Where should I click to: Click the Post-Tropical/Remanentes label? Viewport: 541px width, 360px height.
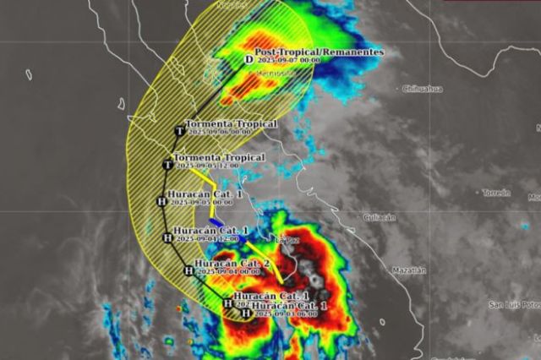(x=319, y=52)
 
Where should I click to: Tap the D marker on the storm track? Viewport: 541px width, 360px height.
(x=249, y=59)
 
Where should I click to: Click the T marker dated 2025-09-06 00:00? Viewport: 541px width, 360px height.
(x=179, y=131)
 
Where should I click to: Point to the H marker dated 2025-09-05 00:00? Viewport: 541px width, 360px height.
(x=161, y=201)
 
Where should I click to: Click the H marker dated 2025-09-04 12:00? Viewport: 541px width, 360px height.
(x=167, y=238)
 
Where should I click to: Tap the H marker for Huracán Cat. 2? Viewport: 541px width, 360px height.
(x=188, y=270)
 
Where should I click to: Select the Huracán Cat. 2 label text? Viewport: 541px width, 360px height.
(x=232, y=264)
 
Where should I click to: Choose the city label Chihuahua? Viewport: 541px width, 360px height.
(x=422, y=88)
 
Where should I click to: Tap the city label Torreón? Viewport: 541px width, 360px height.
(x=496, y=193)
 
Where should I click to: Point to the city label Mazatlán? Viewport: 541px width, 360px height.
(x=410, y=270)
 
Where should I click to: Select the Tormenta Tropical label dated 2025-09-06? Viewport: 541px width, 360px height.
(x=231, y=123)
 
